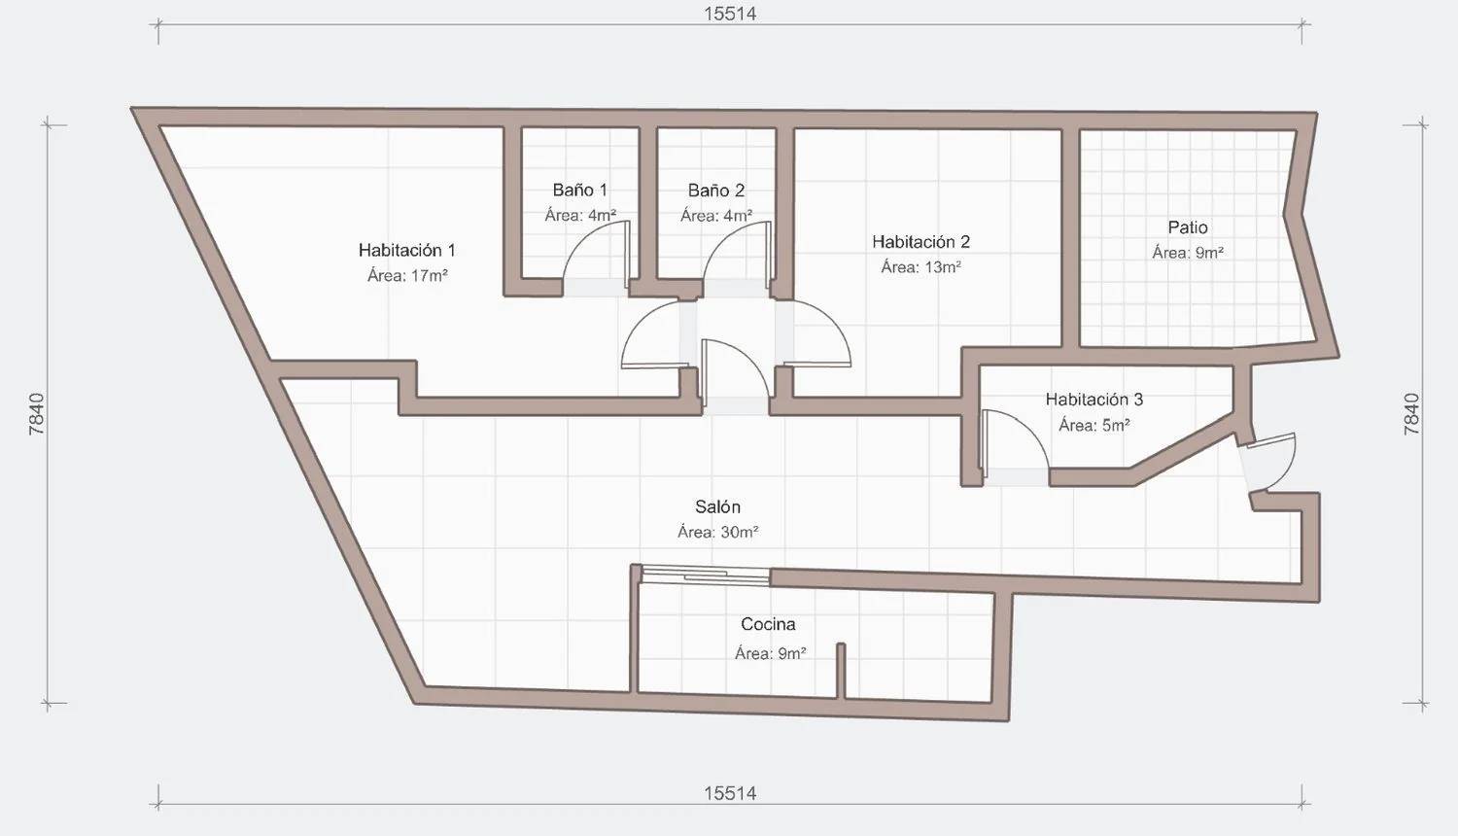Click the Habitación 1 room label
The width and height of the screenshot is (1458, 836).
[407, 250]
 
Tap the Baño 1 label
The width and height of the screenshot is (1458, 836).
[579, 191]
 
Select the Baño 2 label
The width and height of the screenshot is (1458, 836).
[716, 191]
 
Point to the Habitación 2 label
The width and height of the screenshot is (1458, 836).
[921, 241]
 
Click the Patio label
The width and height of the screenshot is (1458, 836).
[1188, 227]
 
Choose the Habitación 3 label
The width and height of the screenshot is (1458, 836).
[1094, 400]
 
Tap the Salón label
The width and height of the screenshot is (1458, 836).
[717, 506]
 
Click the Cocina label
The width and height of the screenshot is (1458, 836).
[768, 624]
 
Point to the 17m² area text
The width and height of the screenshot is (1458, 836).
[429, 275]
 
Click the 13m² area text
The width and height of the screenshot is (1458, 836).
[943, 267]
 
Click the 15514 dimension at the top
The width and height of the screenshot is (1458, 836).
[730, 14]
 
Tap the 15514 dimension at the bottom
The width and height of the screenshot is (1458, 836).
[730, 793]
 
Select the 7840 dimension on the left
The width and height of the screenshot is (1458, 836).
[37, 414]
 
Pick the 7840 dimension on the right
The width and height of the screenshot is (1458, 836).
[1411, 414]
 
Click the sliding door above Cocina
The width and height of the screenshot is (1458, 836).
[705, 575]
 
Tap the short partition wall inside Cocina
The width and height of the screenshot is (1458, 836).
[841, 672]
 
